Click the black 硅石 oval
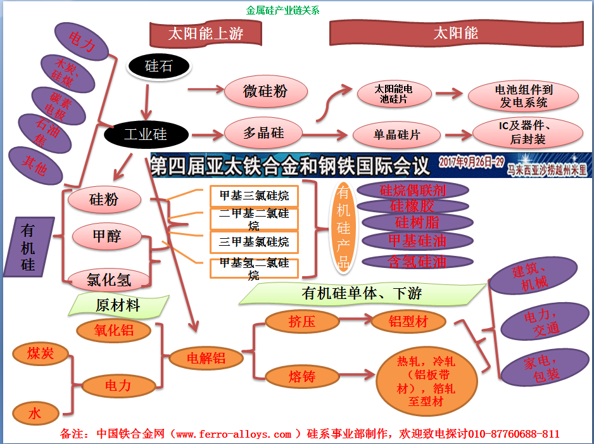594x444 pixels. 158,66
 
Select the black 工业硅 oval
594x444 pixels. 146,134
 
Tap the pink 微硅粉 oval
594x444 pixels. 265,91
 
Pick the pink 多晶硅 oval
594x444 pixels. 264,133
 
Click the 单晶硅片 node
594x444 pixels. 397,135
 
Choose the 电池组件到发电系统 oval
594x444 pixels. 523,96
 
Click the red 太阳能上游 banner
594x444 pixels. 205,34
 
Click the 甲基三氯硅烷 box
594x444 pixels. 254,196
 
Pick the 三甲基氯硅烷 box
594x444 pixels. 254,242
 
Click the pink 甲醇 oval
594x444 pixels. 106,236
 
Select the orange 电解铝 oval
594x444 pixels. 206,358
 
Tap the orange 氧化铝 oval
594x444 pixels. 114,330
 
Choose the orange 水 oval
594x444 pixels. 35,414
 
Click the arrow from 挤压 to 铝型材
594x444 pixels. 354,321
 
